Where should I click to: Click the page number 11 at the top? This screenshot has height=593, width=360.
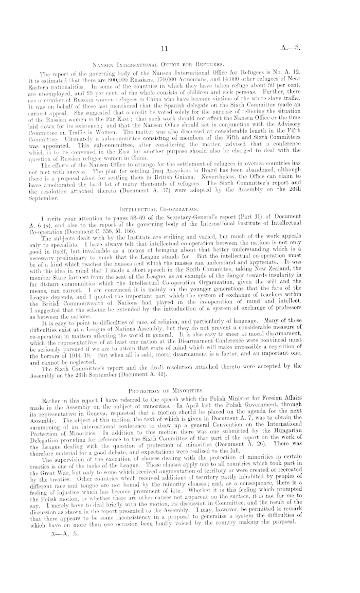(x=165, y=49)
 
